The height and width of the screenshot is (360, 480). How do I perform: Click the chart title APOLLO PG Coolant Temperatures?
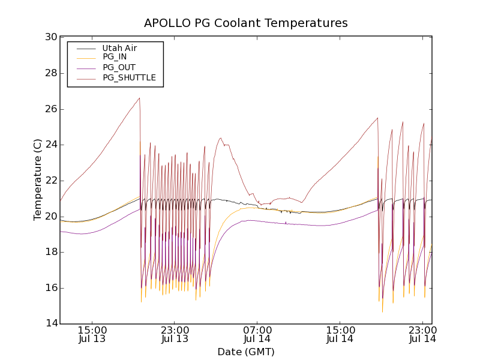[246, 23]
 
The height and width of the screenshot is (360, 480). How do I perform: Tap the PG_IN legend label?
[115, 57]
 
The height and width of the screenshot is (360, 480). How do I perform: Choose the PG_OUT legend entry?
[119, 67]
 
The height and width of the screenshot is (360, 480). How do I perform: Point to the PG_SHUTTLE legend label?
[129, 77]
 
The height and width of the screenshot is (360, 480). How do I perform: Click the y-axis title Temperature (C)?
[38, 180]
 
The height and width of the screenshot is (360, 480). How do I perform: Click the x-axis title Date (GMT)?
[246, 352]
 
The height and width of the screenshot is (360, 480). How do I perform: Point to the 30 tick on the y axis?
[51, 37]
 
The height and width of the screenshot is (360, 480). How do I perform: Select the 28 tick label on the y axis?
[51, 73]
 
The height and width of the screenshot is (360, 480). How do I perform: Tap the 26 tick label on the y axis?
[51, 109]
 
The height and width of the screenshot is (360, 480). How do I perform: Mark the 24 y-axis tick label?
[51, 145]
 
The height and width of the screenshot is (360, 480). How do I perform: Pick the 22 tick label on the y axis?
[51, 181]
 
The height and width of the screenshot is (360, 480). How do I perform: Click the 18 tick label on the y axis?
[51, 252]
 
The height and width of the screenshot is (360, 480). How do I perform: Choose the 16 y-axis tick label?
[51, 288]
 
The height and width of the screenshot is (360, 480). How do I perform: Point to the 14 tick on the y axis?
[51, 324]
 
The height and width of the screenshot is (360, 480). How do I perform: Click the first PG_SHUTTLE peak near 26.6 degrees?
[139, 98]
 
